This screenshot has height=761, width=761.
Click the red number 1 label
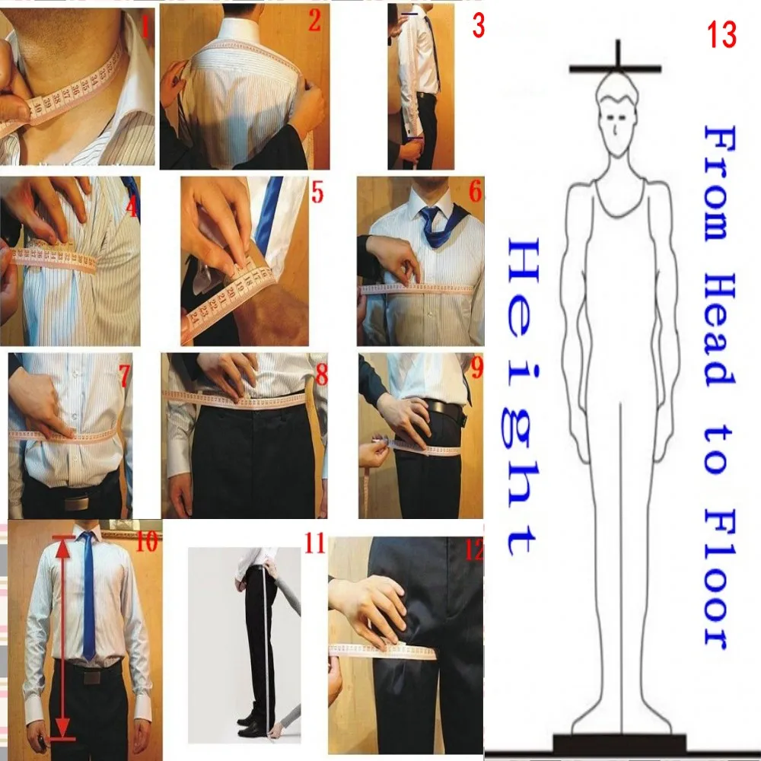click(x=144, y=25)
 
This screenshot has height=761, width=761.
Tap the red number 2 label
click(x=314, y=21)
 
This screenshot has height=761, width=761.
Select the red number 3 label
click(x=479, y=26)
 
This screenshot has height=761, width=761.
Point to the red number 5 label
click(x=317, y=193)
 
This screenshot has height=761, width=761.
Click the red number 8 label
click(x=322, y=374)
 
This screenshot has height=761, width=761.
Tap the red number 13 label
click(x=721, y=35)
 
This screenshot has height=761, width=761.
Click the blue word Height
click(x=523, y=396)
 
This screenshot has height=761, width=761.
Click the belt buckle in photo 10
click(x=92, y=677)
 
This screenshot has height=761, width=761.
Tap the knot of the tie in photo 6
click(x=431, y=215)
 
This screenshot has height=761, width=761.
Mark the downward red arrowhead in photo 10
click(x=62, y=729)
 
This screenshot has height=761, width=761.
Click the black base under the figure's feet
click(x=619, y=743)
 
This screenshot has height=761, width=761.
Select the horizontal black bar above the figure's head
click(x=616, y=69)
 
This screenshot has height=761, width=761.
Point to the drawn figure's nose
click(x=615, y=130)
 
